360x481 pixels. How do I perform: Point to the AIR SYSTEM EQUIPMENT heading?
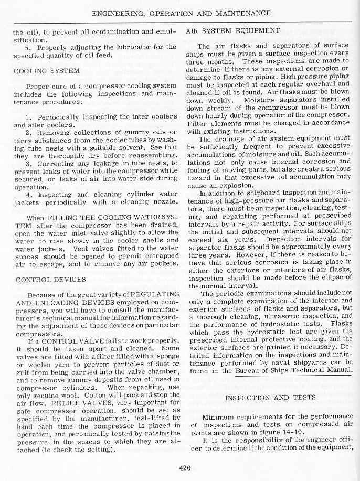233,30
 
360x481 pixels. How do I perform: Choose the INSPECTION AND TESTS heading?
270,398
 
